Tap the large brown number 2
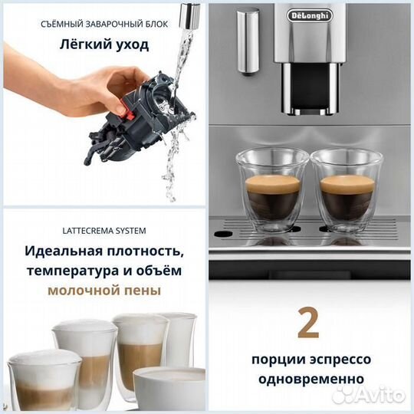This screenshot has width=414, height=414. [x=308, y=324]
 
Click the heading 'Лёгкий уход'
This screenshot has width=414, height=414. [x=104, y=44]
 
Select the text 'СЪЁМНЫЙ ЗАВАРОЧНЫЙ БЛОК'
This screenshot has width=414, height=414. [x=104, y=24]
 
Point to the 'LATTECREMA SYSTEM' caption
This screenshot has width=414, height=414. [x=104, y=230]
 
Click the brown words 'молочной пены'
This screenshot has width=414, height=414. [x=104, y=291]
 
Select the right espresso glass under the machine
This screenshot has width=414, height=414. [x=346, y=190]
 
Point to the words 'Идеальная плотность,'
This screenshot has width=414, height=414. [x=104, y=251]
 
